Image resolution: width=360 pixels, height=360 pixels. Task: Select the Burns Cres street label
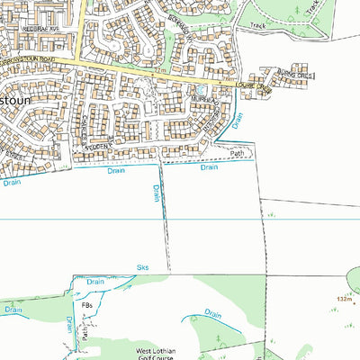294,73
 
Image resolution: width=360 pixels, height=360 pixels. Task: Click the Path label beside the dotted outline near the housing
237,153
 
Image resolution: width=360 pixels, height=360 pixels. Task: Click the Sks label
141,268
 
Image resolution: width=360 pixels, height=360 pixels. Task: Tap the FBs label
86,306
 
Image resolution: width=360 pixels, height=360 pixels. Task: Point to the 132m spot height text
346,300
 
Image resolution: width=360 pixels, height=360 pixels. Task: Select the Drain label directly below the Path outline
209,167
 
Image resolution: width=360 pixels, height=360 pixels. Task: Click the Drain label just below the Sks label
95,282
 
